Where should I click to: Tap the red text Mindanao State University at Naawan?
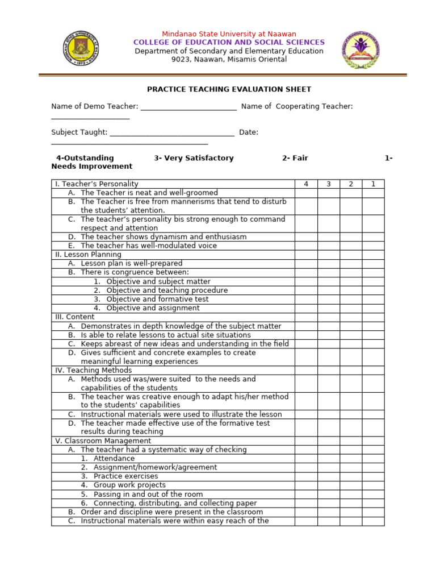point(229,34)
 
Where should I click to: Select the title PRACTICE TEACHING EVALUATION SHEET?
point(229,89)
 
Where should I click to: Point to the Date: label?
point(249,132)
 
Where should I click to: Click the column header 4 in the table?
point(306,184)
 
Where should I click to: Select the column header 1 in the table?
point(373,184)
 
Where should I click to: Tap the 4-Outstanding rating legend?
point(85,158)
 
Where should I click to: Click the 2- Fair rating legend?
point(295,158)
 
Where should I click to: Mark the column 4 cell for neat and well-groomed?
point(306,193)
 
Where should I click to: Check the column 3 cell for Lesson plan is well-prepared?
point(328,264)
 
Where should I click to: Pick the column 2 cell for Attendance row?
point(351,459)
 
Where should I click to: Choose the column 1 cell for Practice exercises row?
point(373,476)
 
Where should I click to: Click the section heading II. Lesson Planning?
point(88,255)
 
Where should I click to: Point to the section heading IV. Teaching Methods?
point(93,370)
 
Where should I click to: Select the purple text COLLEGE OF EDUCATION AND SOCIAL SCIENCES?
point(229,43)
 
